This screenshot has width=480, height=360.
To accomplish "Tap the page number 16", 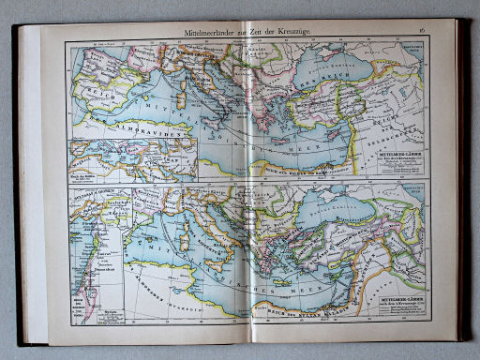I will tap(422, 33).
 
